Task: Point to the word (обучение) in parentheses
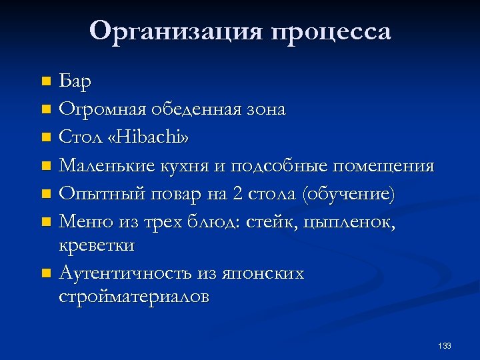[348, 193]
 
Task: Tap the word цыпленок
[359, 221]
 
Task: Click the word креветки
[97, 245]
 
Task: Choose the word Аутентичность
[125, 273]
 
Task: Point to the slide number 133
[445, 345]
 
